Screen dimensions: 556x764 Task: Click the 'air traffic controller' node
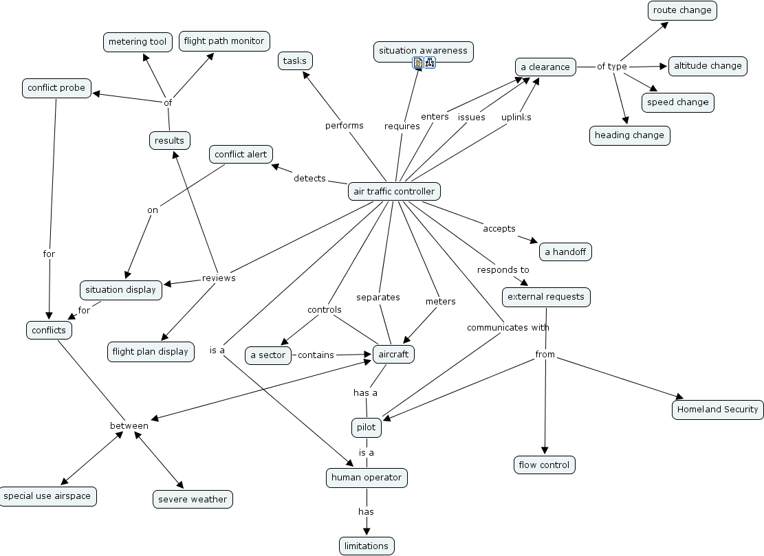[x=394, y=191]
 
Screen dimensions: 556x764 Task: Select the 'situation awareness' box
[x=423, y=51]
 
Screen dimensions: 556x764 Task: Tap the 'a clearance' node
[x=545, y=67]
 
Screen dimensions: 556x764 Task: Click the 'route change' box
[x=682, y=10]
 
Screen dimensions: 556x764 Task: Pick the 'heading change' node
[x=629, y=135]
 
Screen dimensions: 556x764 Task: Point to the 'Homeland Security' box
[x=717, y=409]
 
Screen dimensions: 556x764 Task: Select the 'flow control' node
[x=544, y=465]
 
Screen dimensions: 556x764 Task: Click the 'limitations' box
[x=367, y=546]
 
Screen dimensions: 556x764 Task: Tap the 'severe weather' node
[x=193, y=499]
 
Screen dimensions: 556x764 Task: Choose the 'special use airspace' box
[x=47, y=496]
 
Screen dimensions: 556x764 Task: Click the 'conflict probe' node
[x=56, y=88]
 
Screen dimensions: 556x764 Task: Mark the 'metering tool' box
[x=138, y=42]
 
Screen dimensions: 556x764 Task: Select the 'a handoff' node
[x=565, y=252]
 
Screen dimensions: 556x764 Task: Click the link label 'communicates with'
[x=507, y=327]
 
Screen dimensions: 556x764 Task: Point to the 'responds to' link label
[x=503, y=270]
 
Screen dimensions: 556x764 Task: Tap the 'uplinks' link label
[x=516, y=117]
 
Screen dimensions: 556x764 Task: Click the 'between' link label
[x=129, y=425]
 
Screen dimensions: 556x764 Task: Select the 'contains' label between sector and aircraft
[x=316, y=355]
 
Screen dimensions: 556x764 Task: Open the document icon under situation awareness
[x=417, y=63]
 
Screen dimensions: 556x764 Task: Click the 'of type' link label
[x=611, y=67]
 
